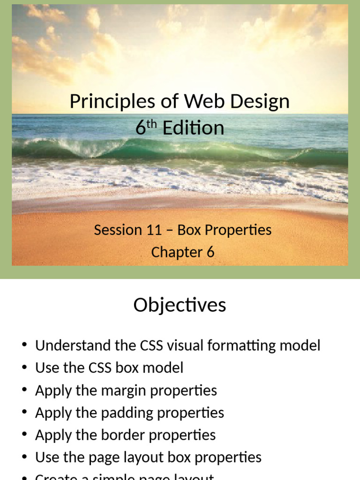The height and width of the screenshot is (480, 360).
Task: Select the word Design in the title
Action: pyautogui.click(x=262, y=101)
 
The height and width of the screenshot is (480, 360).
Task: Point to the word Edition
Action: pyautogui.click(x=193, y=128)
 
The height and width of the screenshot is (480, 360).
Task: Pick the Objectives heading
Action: pyautogui.click(x=180, y=305)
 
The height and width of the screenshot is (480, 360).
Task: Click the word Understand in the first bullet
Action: pyautogui.click(x=71, y=345)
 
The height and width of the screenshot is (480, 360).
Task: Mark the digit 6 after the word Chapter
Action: pyautogui.click(x=210, y=252)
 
